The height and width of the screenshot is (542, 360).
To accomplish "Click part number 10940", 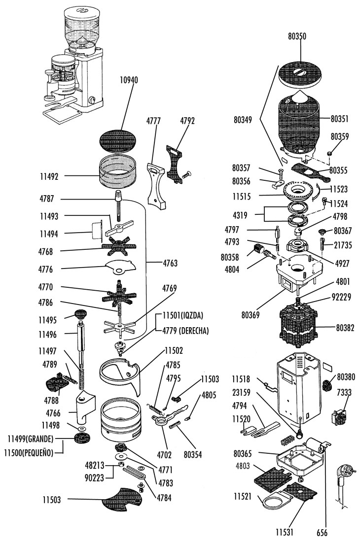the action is click(x=129, y=80).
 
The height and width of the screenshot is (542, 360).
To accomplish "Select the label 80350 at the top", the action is click(x=297, y=36).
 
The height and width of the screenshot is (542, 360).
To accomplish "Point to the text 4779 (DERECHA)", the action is click(x=186, y=331).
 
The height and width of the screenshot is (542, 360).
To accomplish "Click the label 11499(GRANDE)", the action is click(x=31, y=439).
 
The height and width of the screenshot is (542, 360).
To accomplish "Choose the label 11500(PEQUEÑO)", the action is click(x=29, y=452).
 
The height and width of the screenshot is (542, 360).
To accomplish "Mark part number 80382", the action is click(x=345, y=327).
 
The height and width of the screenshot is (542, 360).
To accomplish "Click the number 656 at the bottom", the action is click(x=322, y=533).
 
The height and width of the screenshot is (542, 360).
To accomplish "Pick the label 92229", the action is click(x=341, y=297).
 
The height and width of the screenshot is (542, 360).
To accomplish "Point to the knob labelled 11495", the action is click(x=80, y=314).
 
